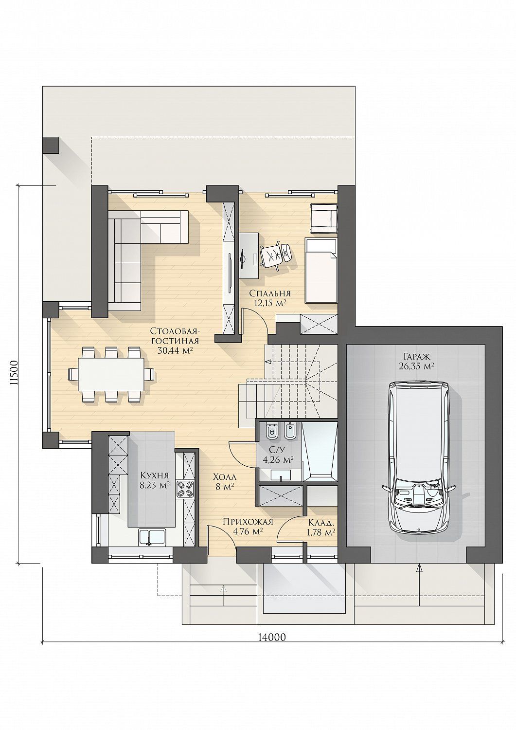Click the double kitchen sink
click(152, 537)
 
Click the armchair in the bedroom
click(323, 218)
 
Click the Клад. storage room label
click(321, 523)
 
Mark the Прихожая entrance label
click(248, 522)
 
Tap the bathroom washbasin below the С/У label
click(280, 475)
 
